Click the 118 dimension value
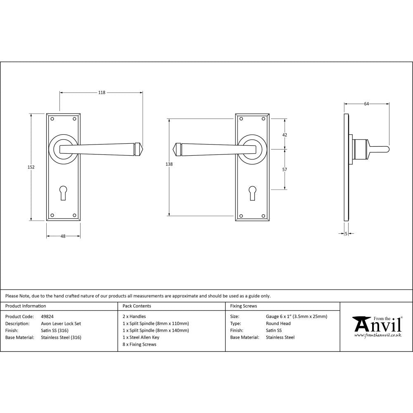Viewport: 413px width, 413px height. pyautogui.click(x=102, y=93)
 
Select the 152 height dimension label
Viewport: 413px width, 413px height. pyautogui.click(x=31, y=167)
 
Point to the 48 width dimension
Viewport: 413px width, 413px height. pyautogui.click(x=63, y=236)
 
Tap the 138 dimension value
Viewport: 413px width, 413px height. pyautogui.click(x=169, y=164)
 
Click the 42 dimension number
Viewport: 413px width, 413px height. pyautogui.click(x=284, y=135)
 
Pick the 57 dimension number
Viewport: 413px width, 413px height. pyautogui.click(x=284, y=169)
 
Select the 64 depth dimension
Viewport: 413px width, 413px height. pyautogui.click(x=366, y=104)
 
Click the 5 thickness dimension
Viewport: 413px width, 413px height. pyautogui.click(x=346, y=234)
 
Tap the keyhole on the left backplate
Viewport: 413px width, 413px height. pyautogui.click(x=63, y=193)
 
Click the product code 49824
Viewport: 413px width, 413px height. pyautogui.click(x=47, y=316)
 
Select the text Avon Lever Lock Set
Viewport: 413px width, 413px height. pyautogui.click(x=61, y=323)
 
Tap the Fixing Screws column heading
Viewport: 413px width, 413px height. pyautogui.click(x=243, y=306)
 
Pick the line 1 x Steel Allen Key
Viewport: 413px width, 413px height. pyautogui.click(x=141, y=337)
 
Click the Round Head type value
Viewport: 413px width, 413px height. pyautogui.click(x=278, y=323)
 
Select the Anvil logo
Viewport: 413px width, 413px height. pyautogui.click(x=377, y=326)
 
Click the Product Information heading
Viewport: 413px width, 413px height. pyautogui.click(x=26, y=306)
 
